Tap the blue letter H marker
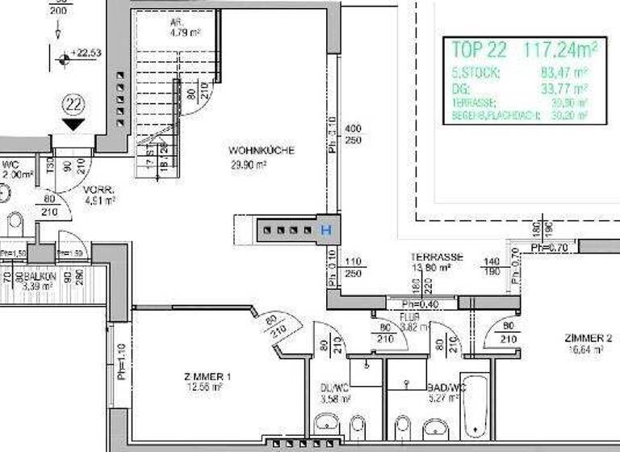326,230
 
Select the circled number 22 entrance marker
73,103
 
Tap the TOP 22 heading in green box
480,51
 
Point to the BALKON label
40,276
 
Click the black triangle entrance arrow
73,124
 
